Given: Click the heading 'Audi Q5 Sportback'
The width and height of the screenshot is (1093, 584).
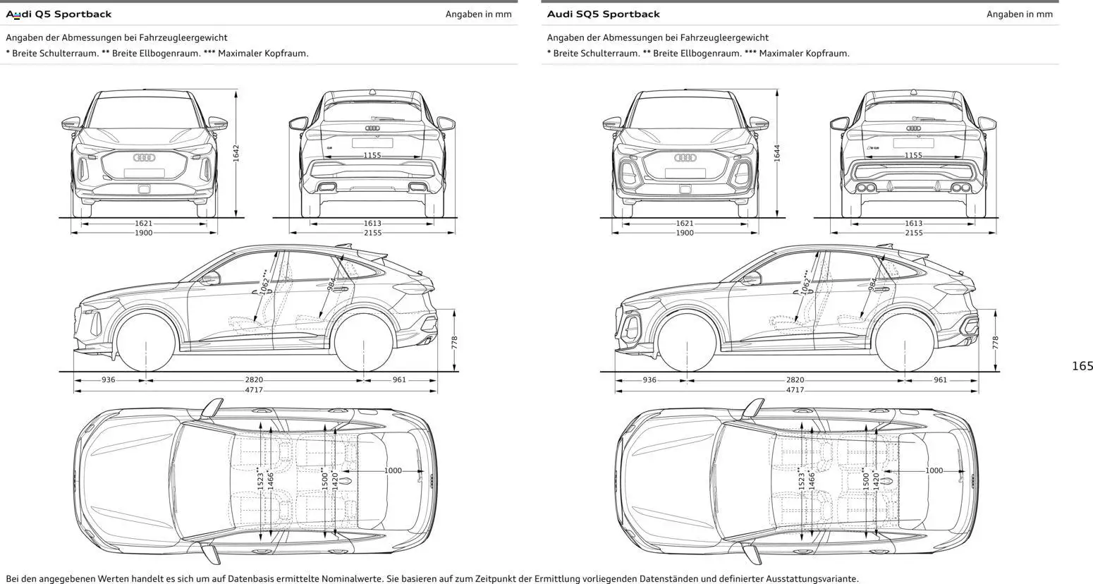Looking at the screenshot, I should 59,14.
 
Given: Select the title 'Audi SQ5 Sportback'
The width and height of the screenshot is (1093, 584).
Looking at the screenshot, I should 603,14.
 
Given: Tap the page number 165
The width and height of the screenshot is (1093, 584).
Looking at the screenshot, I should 1082,366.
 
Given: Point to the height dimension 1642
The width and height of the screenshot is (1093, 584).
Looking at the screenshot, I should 236,153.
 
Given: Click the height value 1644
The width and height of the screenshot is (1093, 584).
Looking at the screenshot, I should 777,153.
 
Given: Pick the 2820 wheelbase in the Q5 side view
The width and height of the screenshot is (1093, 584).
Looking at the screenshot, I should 254,380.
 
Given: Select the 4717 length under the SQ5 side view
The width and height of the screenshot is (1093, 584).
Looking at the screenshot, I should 795,390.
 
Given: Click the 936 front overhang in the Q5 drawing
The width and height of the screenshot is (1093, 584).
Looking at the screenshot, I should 108,380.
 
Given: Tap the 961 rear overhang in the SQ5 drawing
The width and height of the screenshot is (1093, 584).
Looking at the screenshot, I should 940,380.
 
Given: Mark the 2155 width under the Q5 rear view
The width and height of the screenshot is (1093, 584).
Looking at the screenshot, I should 372,233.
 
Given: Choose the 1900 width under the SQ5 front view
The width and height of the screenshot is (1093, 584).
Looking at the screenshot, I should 684,233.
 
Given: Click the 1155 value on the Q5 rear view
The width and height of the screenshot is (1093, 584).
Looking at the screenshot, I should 372,155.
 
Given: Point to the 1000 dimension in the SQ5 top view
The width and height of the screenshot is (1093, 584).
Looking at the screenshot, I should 934,470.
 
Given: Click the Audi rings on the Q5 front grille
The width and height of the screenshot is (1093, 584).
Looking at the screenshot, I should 144,158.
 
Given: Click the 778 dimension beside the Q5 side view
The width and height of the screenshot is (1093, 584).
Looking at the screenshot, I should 455,343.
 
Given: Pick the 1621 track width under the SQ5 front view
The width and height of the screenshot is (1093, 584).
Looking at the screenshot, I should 684,224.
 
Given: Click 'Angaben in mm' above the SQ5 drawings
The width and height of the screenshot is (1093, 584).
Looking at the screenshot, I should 1019,14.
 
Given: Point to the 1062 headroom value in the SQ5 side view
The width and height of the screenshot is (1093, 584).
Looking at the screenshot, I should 805,282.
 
